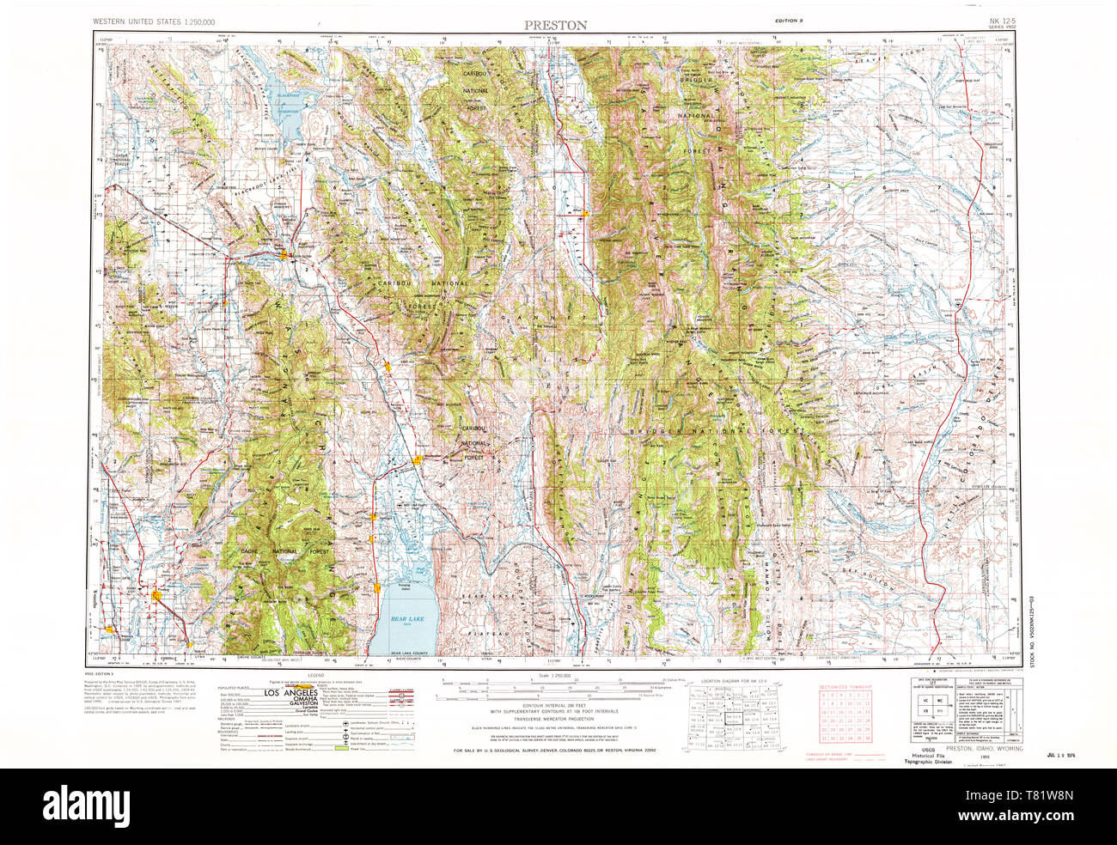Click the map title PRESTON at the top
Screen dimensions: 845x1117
557,26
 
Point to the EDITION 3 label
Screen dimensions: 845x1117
788,19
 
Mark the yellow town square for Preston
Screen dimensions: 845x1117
154,593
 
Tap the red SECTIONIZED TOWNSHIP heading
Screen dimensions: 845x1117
845,688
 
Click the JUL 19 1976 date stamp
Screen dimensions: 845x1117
1062,755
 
